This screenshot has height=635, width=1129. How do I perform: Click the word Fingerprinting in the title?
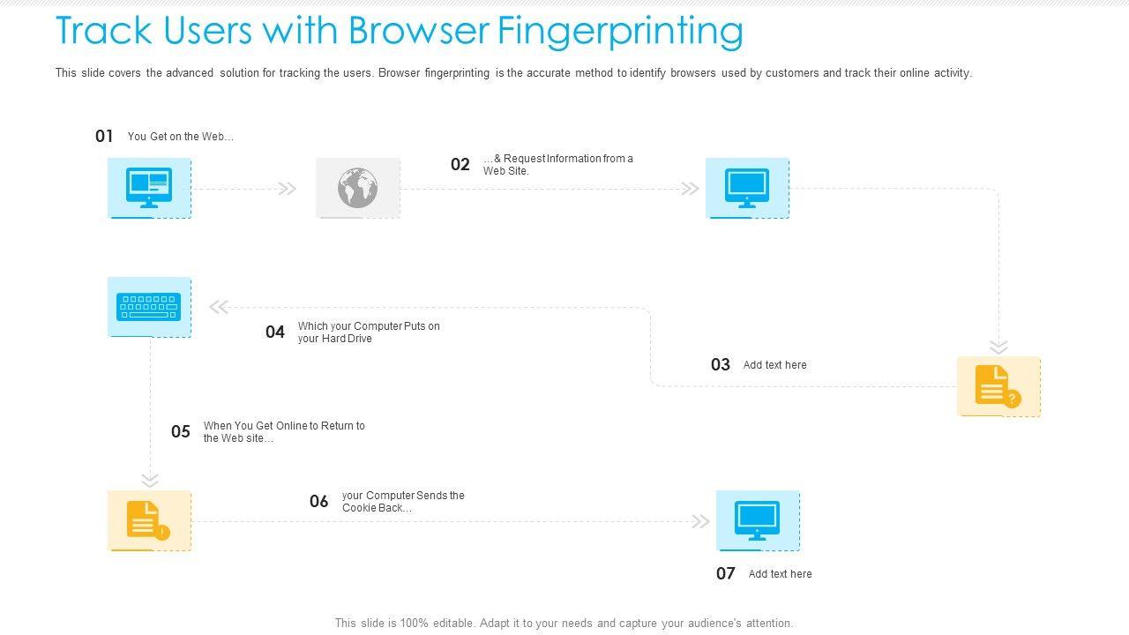click(x=620, y=32)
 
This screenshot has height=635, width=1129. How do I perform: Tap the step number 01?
click(x=104, y=136)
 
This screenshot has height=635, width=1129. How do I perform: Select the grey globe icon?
click(x=358, y=188)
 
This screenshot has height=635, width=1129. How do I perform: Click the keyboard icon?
click(x=149, y=306)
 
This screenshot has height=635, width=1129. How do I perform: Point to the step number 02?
click(x=460, y=164)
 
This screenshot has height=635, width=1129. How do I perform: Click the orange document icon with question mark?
click(x=998, y=386)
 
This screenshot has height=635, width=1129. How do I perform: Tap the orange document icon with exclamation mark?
click(x=148, y=520)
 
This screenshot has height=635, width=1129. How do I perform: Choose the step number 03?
click(x=721, y=364)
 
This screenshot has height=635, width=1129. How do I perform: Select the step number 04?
click(x=275, y=332)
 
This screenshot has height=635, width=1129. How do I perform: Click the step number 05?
click(x=181, y=431)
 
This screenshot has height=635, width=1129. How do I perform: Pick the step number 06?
click(x=318, y=501)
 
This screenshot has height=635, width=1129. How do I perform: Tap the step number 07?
click(x=725, y=573)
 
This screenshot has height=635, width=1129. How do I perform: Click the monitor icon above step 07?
click(x=757, y=520)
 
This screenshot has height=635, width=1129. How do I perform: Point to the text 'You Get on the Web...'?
click(x=181, y=137)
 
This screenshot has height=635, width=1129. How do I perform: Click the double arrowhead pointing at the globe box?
click(x=288, y=189)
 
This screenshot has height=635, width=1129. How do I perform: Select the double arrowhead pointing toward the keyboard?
click(x=220, y=307)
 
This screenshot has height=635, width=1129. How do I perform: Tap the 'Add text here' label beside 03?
click(x=774, y=365)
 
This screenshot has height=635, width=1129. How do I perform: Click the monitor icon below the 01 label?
click(x=149, y=188)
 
